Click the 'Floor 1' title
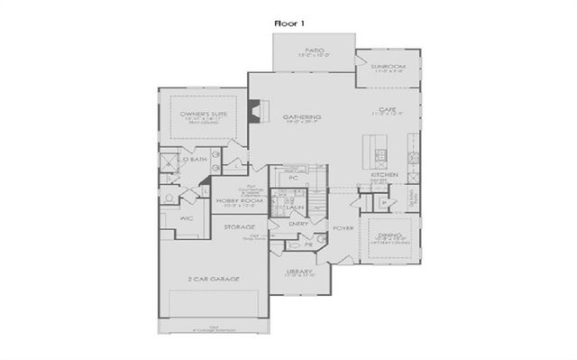point(288,20)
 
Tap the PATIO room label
point(314,51)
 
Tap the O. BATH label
point(195,160)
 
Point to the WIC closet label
point(187,217)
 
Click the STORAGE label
point(240,226)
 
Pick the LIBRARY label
point(299,271)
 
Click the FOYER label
point(343,228)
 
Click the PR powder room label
point(309,244)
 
